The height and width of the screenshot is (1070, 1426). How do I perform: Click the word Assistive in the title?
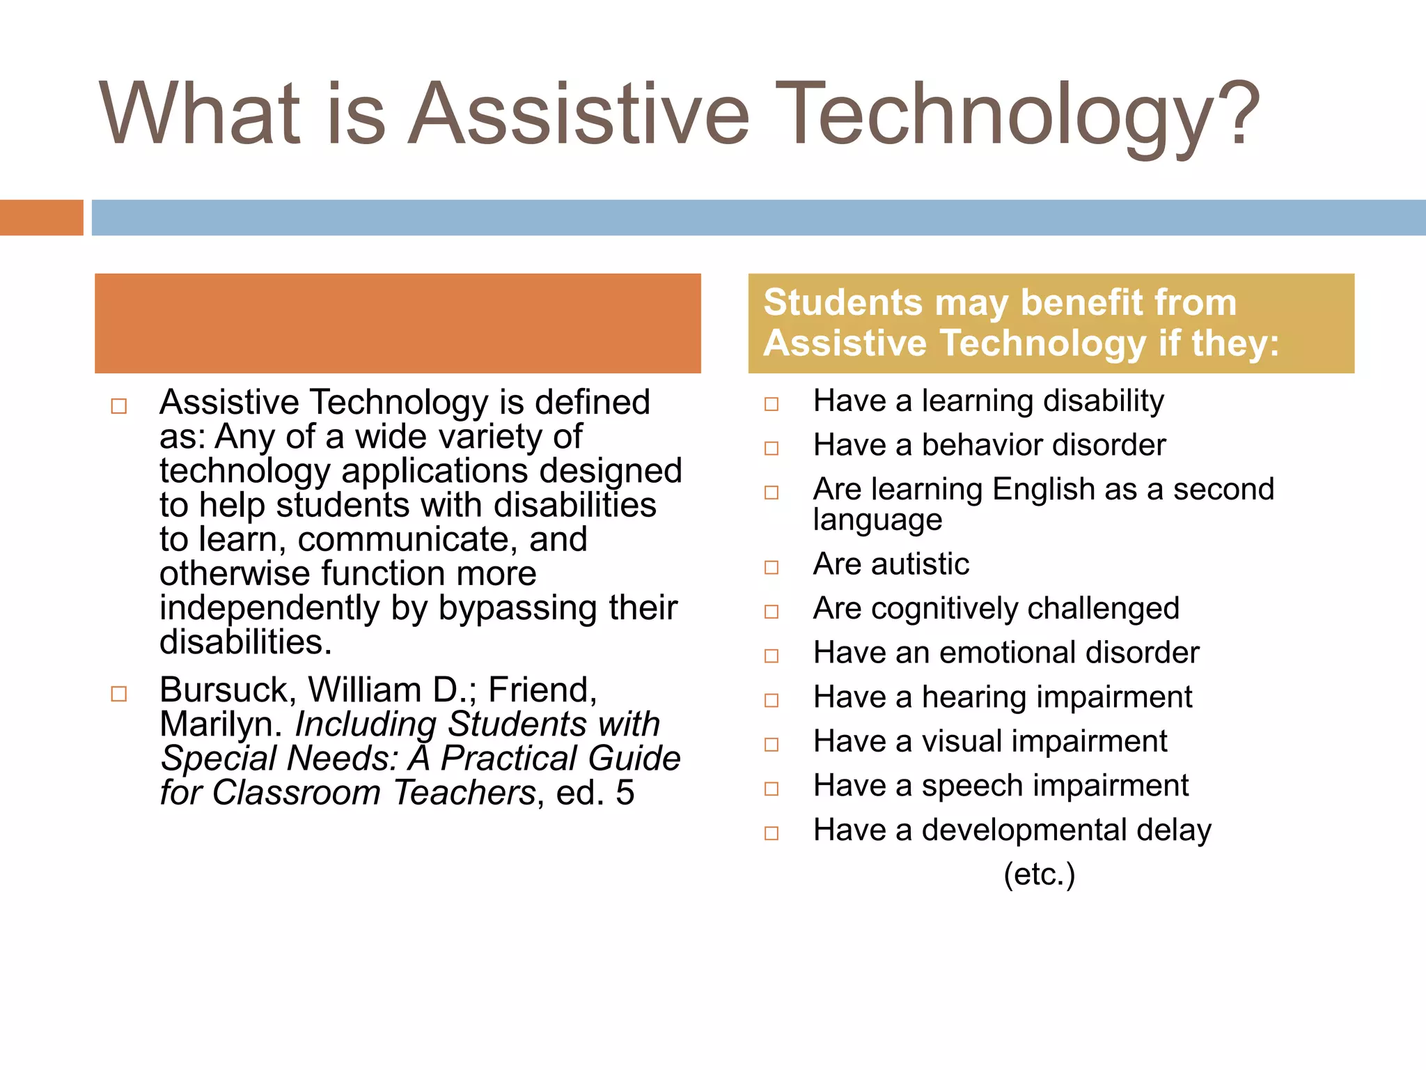tap(578, 115)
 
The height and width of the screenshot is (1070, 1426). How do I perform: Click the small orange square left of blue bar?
tap(41, 217)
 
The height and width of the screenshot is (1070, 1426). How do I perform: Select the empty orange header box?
tap(398, 323)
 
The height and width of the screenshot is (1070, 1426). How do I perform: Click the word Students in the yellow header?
tap(843, 303)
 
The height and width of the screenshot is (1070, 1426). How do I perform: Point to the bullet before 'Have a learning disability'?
tap(771, 404)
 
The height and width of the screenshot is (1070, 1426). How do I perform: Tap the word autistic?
tap(920, 564)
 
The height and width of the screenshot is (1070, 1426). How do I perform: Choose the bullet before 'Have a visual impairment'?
tap(771, 745)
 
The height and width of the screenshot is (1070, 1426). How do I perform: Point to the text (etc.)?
tap(1039, 874)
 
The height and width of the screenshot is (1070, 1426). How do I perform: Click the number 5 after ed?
tap(625, 793)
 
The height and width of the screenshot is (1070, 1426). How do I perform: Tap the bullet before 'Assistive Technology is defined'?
tap(119, 406)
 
